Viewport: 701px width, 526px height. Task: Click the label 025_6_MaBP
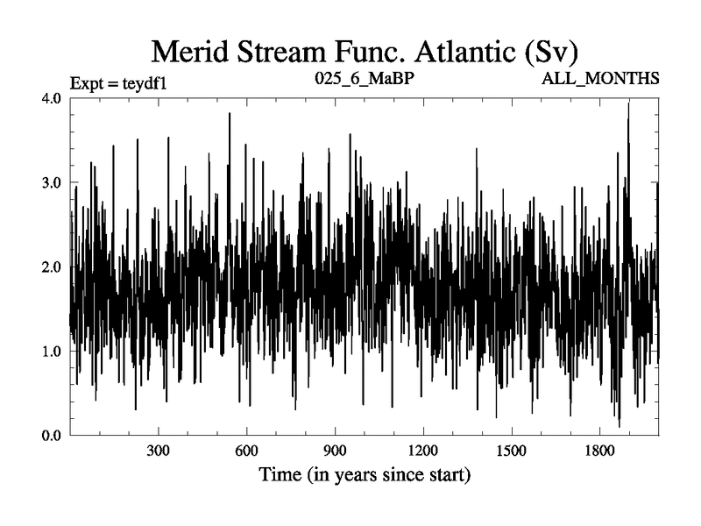click(x=364, y=79)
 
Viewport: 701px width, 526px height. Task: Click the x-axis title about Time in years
click(x=365, y=477)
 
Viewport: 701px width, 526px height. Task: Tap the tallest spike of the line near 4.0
click(x=628, y=104)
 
